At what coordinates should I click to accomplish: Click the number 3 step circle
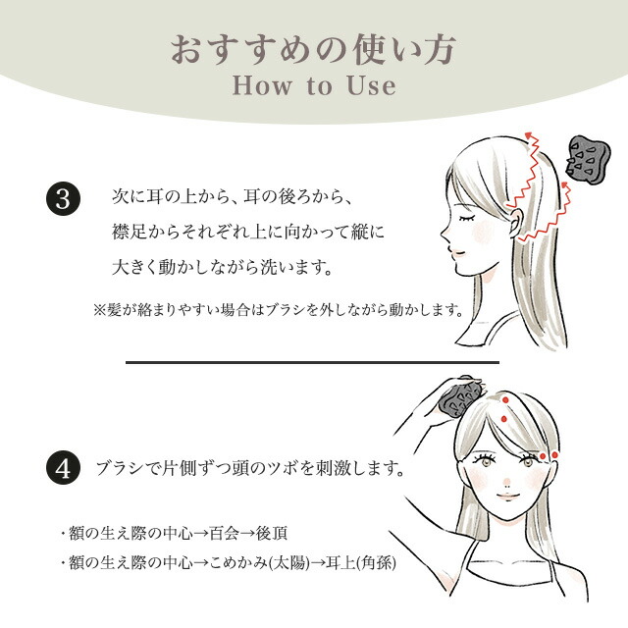pos(63,198)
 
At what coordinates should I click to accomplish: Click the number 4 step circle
pos(63,468)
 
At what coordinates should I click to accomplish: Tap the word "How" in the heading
pos(262,85)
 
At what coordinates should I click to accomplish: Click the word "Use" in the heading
pos(372,85)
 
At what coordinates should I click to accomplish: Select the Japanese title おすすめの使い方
pos(314,50)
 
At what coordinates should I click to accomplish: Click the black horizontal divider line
pos(312,362)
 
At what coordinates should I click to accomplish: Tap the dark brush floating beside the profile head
pos(588,160)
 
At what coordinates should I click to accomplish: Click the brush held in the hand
pos(460,397)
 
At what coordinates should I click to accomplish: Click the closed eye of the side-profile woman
pos(467,219)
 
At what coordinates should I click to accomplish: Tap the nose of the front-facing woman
pos(507,482)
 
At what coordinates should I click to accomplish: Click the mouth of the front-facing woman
pos(508,497)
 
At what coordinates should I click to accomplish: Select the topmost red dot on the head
pos(506,399)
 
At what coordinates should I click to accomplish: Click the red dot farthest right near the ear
pos(554,455)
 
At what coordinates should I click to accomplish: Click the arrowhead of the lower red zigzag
pos(565,184)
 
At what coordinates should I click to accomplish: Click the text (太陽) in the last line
pos(289,563)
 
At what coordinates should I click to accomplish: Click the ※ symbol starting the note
pos(99,309)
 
